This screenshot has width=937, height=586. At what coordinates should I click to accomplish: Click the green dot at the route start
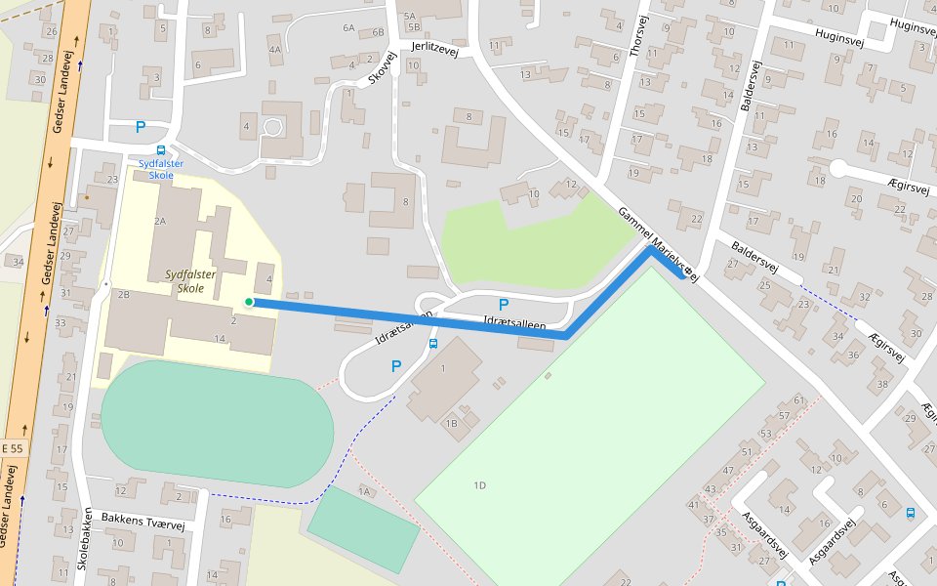click(x=249, y=302)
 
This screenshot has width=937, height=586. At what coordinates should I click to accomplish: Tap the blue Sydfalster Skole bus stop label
click(x=161, y=169)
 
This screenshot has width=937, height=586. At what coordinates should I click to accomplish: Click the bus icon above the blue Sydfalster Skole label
click(x=160, y=150)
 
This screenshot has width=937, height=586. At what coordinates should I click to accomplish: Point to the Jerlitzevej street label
click(x=434, y=46)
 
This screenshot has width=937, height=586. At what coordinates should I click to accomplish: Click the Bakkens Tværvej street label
click(x=145, y=523)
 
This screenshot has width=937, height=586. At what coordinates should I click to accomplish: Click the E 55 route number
click(x=12, y=447)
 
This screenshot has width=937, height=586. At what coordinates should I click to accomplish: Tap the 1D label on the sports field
click(x=480, y=485)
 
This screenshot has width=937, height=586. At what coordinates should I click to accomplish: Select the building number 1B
click(x=451, y=423)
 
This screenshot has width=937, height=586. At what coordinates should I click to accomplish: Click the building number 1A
click(x=365, y=491)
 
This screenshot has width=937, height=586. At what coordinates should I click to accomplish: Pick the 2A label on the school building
click(x=160, y=222)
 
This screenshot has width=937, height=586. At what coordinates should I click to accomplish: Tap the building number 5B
click(x=413, y=27)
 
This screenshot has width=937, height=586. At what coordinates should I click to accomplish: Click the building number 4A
click(x=275, y=49)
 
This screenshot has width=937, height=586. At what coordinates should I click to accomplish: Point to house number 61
click(x=799, y=399)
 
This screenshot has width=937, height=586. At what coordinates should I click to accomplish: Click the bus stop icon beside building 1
click(x=432, y=343)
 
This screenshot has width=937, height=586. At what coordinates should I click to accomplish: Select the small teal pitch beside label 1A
click(x=364, y=528)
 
